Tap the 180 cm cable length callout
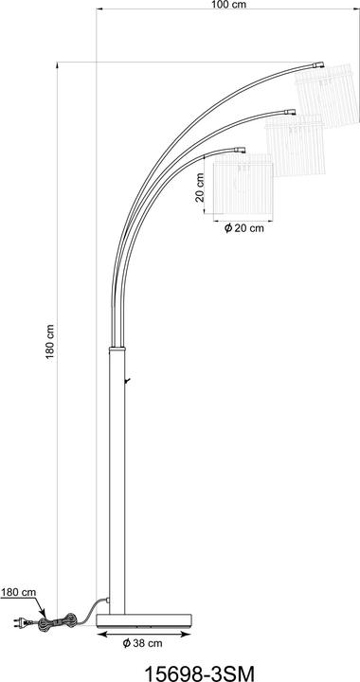pos(18,592)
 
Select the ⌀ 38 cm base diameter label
pos(142,643)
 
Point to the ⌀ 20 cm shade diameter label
pos(243,228)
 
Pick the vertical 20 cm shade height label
pos(200,188)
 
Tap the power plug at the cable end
pos(23,623)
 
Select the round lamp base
pos(144,620)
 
